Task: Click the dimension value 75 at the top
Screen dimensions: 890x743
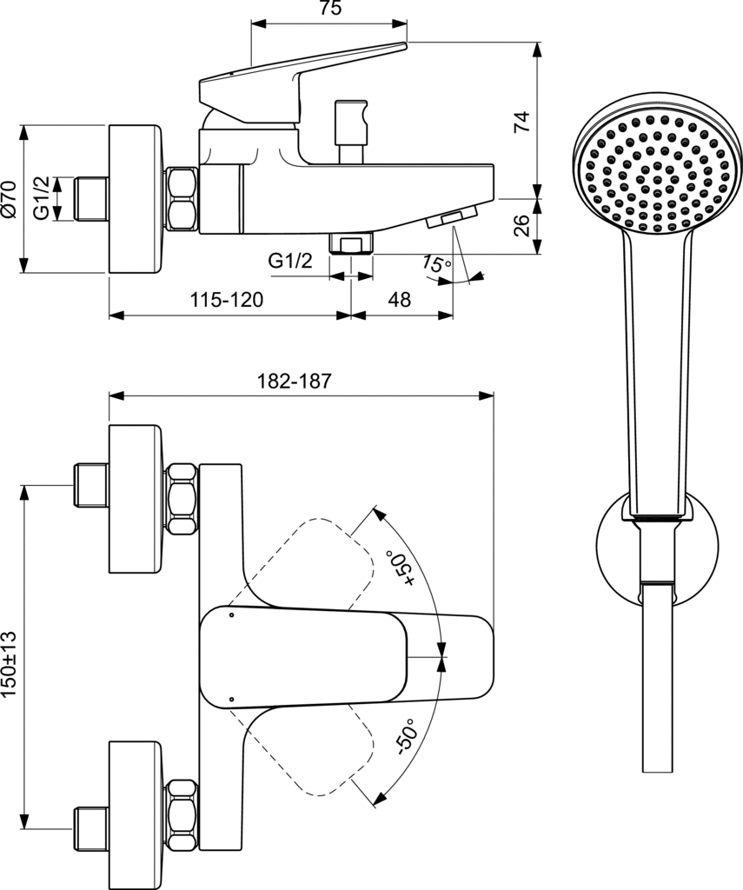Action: tap(328, 10)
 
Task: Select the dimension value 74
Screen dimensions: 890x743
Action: tap(521, 120)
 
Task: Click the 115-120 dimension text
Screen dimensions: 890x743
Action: tap(227, 300)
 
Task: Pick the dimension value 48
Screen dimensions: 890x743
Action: tap(399, 300)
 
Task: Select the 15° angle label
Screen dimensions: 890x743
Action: tap(436, 263)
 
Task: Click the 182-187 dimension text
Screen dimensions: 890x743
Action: tap(295, 381)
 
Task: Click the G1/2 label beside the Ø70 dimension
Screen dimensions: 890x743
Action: tap(40, 199)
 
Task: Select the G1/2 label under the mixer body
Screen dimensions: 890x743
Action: tap(289, 260)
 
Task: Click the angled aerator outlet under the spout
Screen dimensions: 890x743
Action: tap(452, 217)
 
